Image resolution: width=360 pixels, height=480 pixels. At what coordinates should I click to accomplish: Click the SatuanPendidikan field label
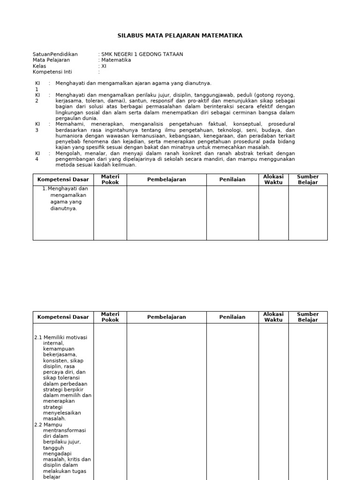point(55,54)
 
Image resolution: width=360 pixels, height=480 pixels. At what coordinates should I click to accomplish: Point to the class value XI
point(104,66)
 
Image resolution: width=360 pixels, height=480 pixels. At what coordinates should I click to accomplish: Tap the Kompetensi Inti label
point(52,72)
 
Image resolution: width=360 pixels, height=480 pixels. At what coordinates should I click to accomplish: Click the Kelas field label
point(40,66)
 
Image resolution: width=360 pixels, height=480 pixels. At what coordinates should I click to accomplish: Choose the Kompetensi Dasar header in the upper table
point(63,180)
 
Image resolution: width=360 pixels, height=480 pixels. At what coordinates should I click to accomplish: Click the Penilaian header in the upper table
point(232,180)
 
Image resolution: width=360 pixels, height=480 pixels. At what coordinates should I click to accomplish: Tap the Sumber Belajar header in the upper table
point(307,180)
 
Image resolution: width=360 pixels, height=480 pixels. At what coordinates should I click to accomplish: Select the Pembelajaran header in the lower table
point(166,317)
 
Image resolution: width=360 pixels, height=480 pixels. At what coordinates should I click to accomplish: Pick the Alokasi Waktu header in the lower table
point(273,317)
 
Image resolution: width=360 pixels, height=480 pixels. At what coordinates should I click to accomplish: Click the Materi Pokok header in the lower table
point(110,317)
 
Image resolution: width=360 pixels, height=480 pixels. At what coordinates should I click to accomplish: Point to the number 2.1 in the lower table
point(38,337)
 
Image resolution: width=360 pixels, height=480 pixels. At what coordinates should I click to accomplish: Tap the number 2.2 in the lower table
point(38,425)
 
